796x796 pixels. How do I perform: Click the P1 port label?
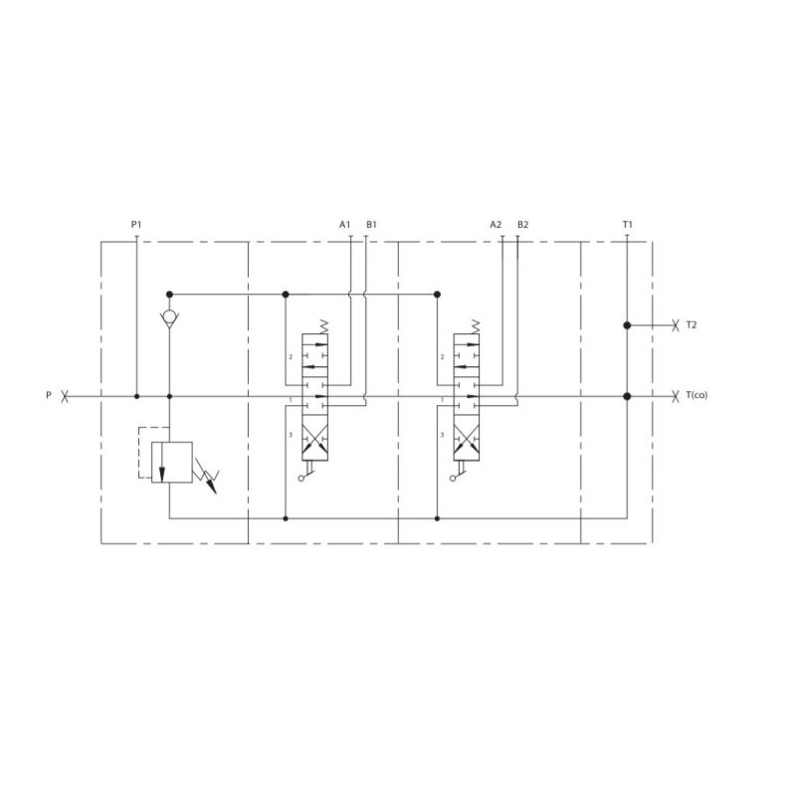click(136, 225)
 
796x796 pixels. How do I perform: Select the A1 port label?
click(345, 225)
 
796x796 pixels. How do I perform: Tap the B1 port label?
click(371, 225)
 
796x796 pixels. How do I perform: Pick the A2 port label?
click(496, 225)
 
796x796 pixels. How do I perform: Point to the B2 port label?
click(522, 225)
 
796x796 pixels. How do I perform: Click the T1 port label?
click(627, 225)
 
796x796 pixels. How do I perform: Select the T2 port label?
click(693, 325)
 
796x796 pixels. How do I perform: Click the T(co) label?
click(696, 396)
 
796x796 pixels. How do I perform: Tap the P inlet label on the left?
click(49, 396)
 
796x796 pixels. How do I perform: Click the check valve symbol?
click(170, 318)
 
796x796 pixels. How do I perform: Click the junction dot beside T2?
click(627, 325)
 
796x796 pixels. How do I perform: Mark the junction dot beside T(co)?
click(627, 396)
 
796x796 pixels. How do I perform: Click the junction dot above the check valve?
click(170, 294)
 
